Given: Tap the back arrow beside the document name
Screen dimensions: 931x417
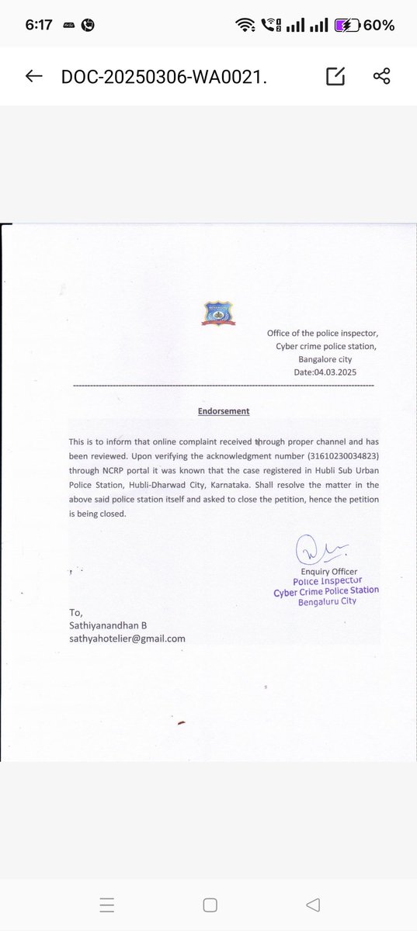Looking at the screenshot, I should [x=33, y=76].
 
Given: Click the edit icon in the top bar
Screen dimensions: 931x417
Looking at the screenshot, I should [x=335, y=76].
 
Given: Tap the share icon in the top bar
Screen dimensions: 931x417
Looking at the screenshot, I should [x=381, y=76].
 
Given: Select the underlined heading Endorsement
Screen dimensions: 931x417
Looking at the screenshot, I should [x=223, y=411].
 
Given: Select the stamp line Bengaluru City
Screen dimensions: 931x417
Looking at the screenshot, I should [x=326, y=601].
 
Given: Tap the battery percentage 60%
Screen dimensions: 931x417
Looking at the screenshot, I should [x=378, y=25].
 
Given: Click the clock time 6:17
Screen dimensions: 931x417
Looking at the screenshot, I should [x=38, y=25].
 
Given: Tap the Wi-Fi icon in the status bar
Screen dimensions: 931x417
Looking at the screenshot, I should [x=246, y=25].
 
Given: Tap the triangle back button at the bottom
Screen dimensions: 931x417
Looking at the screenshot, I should [x=313, y=905].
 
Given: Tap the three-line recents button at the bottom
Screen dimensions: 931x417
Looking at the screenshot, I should [x=108, y=905].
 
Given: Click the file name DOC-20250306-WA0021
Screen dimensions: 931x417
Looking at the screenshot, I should [x=169, y=76].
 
